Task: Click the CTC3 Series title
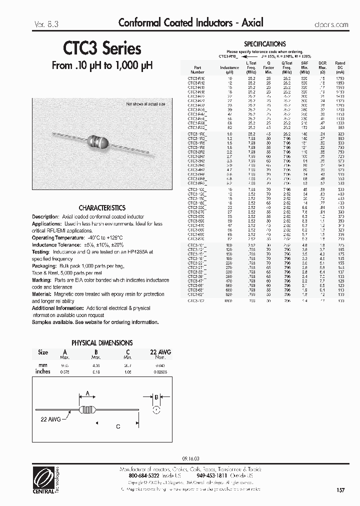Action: coord(102,48)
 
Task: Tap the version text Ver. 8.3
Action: coord(45,23)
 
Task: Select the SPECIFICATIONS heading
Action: coord(264,44)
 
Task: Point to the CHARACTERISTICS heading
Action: coord(102,207)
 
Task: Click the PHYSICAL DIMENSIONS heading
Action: coord(102,342)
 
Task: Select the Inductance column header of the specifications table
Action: coord(229,67)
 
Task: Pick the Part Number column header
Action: coord(198,69)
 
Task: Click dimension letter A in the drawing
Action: coord(88,393)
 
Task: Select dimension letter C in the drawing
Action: coord(118,426)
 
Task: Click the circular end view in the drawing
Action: coord(155,410)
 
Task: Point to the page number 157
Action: coord(340,490)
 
